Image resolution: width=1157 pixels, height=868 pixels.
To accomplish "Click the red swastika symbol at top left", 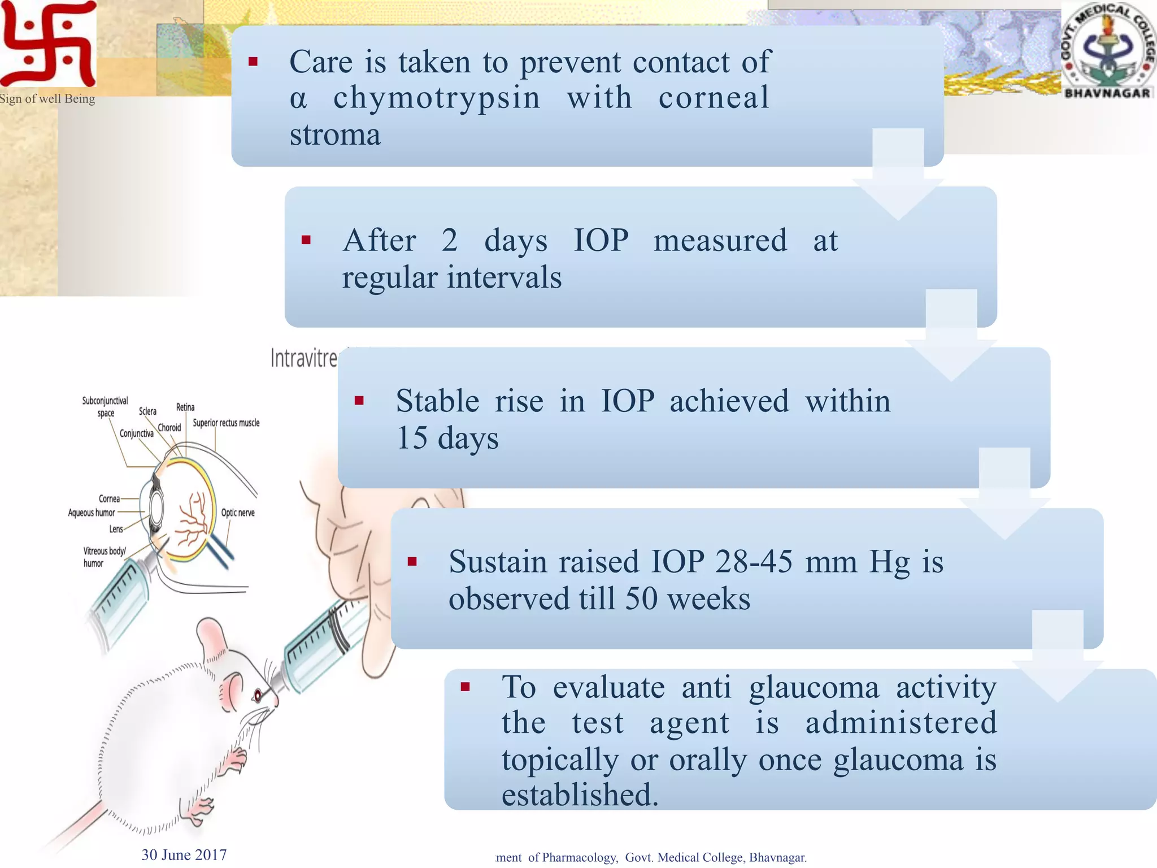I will pyautogui.click(x=48, y=44).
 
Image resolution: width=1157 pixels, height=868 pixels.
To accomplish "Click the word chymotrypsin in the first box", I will pyautogui.click(x=437, y=98).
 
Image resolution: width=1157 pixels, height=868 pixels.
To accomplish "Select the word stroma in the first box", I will pyautogui.click(x=335, y=135).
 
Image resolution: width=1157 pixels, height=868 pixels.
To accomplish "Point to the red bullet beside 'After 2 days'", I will pyautogui.click(x=306, y=240).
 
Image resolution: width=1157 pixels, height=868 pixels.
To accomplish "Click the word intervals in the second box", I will pyautogui.click(x=504, y=278).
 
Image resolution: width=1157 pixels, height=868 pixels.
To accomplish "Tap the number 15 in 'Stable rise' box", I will pyautogui.click(x=412, y=438).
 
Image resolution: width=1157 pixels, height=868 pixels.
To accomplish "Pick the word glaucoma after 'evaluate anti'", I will pyautogui.click(x=814, y=688).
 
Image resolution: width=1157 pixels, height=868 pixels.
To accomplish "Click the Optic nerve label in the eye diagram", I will pyautogui.click(x=238, y=513).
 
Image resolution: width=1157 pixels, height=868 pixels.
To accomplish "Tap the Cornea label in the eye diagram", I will pyautogui.click(x=109, y=499).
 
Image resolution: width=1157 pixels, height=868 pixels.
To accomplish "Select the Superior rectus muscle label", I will pyautogui.click(x=226, y=423).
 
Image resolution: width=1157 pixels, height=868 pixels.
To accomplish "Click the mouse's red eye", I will pyautogui.click(x=258, y=694).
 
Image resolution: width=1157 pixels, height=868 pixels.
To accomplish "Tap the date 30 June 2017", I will pyautogui.click(x=184, y=855).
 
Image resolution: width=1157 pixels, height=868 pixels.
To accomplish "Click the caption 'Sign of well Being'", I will pyautogui.click(x=47, y=99).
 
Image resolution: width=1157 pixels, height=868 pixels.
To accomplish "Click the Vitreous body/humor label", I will pyautogui.click(x=105, y=557).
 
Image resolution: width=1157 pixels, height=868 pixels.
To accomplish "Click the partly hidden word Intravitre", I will pyautogui.click(x=304, y=358).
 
